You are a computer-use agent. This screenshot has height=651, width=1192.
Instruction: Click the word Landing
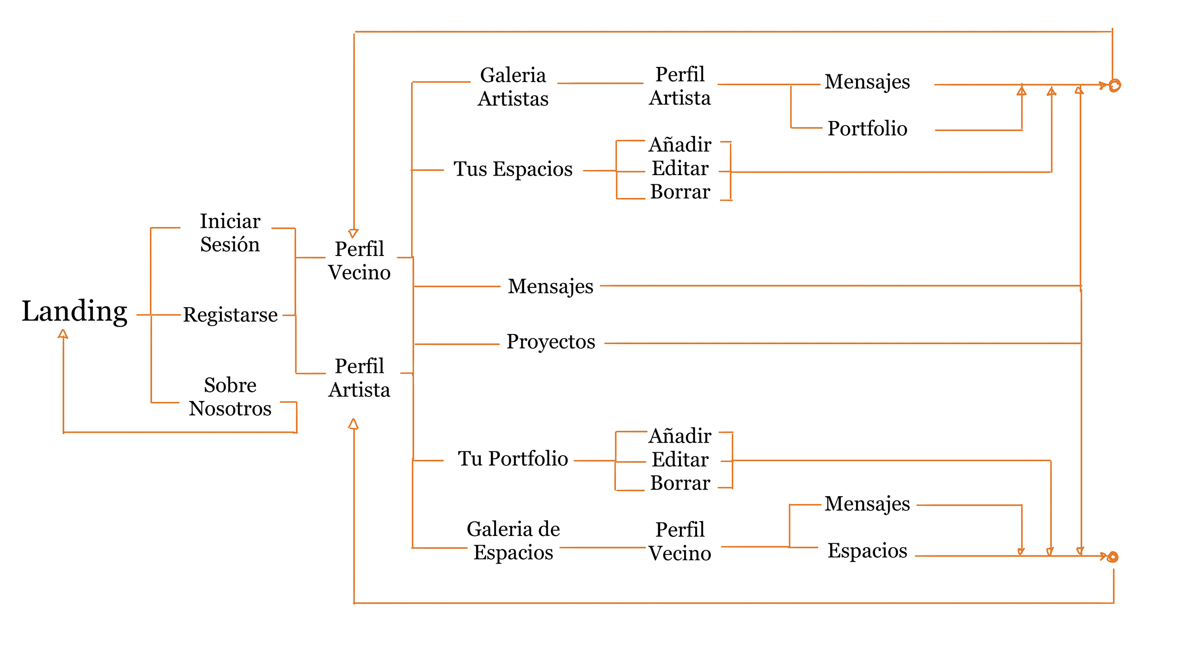tap(74, 311)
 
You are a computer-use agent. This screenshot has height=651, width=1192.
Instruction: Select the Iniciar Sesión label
tap(230, 233)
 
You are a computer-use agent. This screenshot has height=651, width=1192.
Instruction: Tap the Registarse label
tap(231, 315)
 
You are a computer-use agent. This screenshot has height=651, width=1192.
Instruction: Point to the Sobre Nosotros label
tap(230, 396)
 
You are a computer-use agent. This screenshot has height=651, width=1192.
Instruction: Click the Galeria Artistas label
tap(513, 86)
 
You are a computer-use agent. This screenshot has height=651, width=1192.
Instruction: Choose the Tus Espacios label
tap(513, 169)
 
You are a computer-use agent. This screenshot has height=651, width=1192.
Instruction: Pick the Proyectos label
tap(550, 341)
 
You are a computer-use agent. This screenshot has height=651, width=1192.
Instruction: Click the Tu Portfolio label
tap(513, 458)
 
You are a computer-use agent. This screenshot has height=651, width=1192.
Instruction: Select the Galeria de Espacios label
tap(513, 541)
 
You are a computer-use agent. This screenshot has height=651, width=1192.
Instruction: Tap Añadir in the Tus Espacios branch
tap(680, 145)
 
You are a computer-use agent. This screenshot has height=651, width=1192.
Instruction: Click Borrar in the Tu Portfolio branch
tap(680, 483)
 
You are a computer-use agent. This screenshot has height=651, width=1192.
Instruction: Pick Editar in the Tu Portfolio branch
tap(680, 459)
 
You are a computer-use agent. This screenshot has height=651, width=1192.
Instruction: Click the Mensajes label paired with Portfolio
tap(867, 82)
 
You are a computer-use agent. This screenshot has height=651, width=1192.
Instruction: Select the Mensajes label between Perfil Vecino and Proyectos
tap(550, 286)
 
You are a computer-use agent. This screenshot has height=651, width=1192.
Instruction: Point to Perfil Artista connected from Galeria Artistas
tap(680, 86)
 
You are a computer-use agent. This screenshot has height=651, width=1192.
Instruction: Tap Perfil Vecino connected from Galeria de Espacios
tap(680, 541)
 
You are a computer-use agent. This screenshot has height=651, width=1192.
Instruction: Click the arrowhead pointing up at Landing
tap(63, 334)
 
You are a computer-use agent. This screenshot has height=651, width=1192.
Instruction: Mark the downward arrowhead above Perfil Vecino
tap(354, 233)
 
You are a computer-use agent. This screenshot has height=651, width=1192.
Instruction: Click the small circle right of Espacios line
tap(1113, 557)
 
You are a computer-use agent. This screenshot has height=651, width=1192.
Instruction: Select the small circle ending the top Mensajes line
tap(1115, 85)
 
